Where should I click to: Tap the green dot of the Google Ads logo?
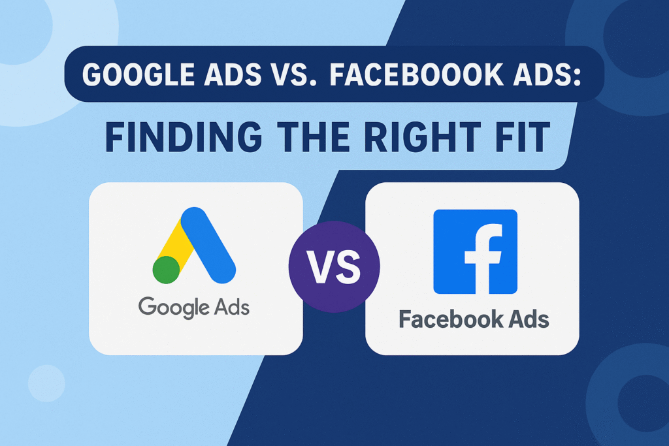pyautogui.click(x=167, y=269)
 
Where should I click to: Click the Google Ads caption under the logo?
pyautogui.click(x=195, y=306)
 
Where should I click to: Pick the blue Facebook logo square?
pyautogui.click(x=475, y=251)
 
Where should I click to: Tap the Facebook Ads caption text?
pyautogui.click(x=474, y=320)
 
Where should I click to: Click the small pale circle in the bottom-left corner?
pyautogui.click(x=46, y=383)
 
